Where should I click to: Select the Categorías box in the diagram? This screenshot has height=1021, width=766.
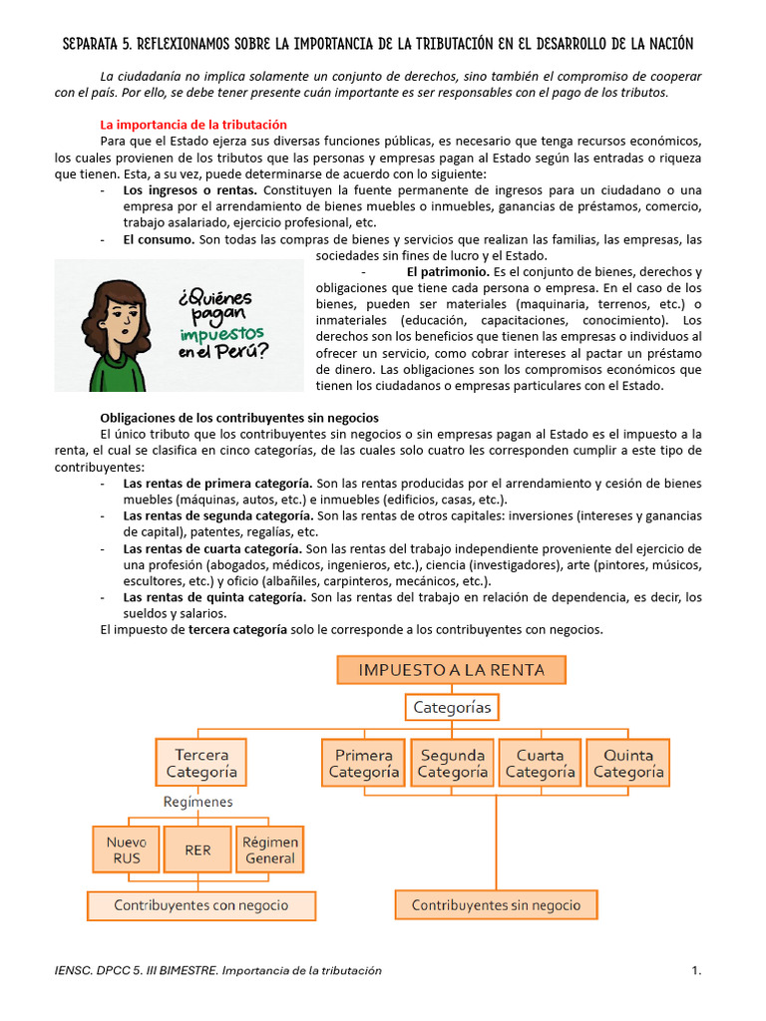pos(452,708)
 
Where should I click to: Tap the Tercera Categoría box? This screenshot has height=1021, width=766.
pos(201,763)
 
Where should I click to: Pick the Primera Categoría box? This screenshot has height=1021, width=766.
pos(364,763)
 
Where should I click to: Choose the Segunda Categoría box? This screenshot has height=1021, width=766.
pos(452,763)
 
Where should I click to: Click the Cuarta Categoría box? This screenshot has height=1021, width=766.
pos(540,763)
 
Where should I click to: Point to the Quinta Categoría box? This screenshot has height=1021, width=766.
pos(627,763)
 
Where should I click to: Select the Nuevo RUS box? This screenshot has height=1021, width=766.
pos(125,850)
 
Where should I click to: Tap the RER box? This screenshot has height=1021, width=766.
pos(197,851)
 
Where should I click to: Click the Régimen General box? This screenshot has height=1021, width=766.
pos(270,850)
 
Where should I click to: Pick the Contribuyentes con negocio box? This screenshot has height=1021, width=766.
pos(201,905)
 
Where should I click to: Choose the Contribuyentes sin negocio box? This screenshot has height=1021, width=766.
pos(496,905)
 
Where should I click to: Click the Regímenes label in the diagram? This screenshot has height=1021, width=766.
pos(198,802)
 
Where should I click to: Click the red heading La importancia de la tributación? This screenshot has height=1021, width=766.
pos(193,125)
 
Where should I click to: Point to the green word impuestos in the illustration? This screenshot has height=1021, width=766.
pos(222,333)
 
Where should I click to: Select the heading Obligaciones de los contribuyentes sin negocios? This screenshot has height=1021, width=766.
pos(239,417)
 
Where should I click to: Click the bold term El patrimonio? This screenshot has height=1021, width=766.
pos(448,272)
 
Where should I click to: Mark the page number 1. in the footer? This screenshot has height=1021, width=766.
pos(696,970)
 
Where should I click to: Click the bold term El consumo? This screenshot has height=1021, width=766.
pos(159,240)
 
